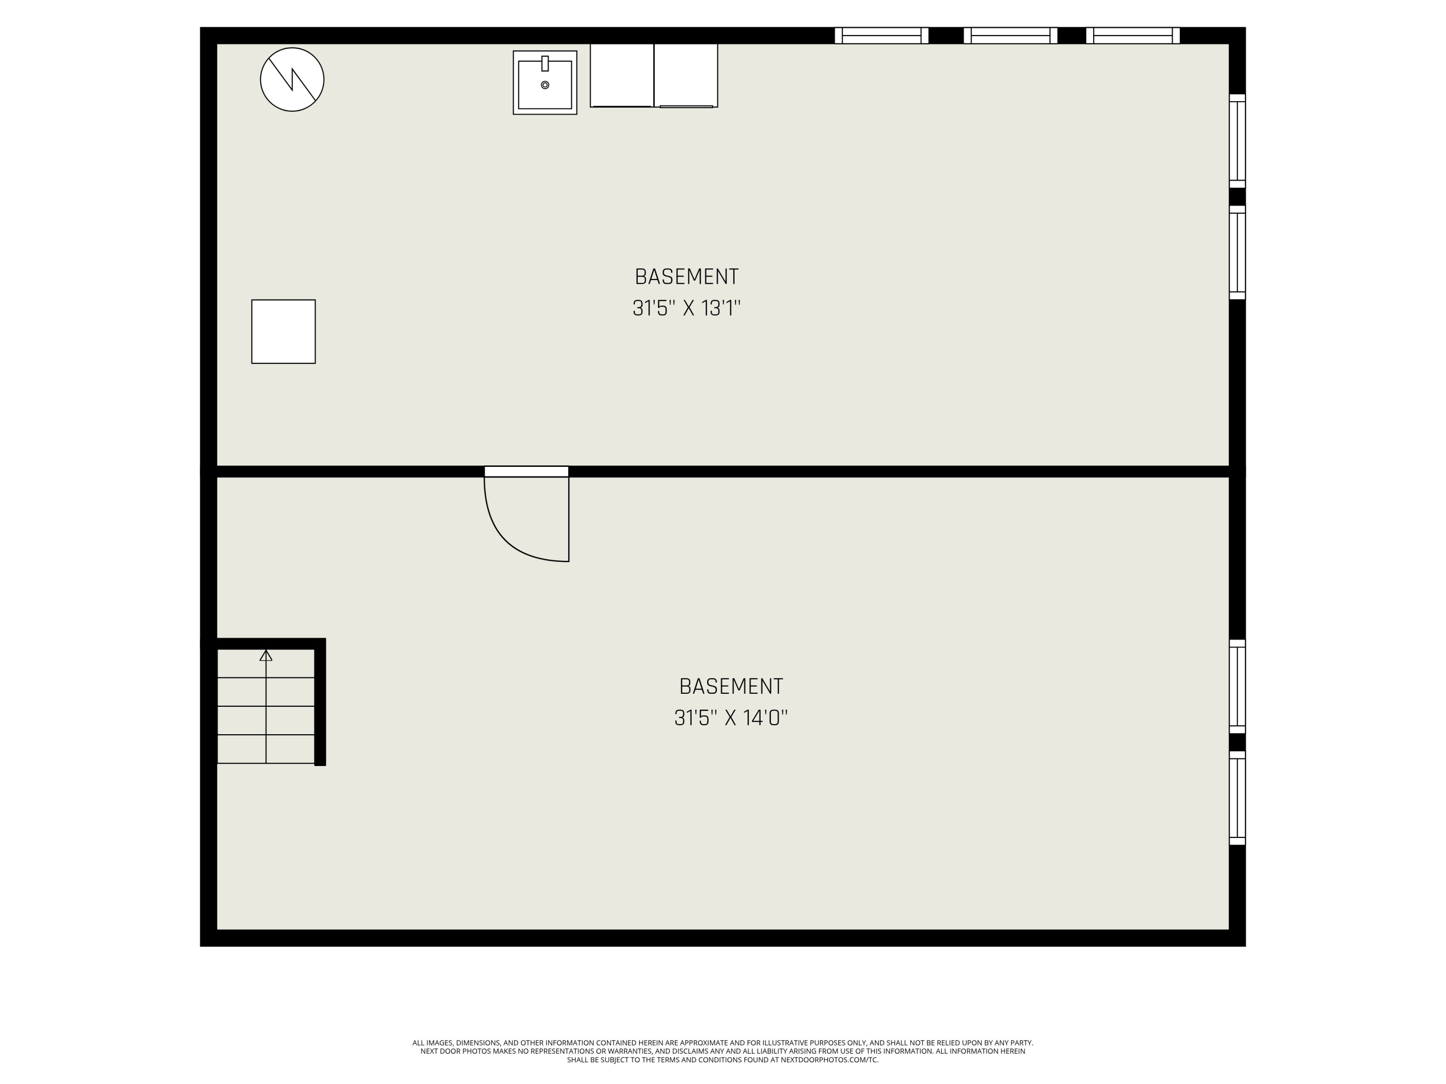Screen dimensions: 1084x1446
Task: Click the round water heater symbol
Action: coord(292,79)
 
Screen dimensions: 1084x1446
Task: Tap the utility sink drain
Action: coord(545,85)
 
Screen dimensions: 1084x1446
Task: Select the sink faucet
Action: coord(545,64)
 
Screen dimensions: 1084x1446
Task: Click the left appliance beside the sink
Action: coord(622,75)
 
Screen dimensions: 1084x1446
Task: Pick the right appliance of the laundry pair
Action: coord(686,75)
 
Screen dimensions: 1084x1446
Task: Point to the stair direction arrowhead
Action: coord(266,655)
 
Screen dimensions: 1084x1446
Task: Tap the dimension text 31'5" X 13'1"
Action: coord(686,308)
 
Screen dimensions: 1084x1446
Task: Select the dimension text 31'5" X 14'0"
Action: coord(731,718)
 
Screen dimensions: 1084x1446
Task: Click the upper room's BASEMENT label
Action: coord(686,277)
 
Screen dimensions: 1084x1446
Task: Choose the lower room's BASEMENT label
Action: coord(731,687)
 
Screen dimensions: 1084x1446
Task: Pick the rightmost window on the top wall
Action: coord(1132,35)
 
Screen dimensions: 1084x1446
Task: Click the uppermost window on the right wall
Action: coord(1237,141)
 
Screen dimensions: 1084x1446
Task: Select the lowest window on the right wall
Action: coord(1237,797)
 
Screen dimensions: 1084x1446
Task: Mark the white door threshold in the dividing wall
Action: coord(526,471)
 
